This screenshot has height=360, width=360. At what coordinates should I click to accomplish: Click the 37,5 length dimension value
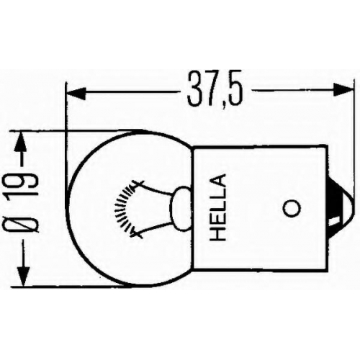point(215,89)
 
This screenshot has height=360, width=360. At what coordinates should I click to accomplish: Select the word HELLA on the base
point(217,207)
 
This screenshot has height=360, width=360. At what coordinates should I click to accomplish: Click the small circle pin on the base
point(292,208)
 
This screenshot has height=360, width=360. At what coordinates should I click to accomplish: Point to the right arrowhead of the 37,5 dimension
point(343,89)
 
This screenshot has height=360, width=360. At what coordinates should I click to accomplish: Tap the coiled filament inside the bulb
point(123,207)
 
